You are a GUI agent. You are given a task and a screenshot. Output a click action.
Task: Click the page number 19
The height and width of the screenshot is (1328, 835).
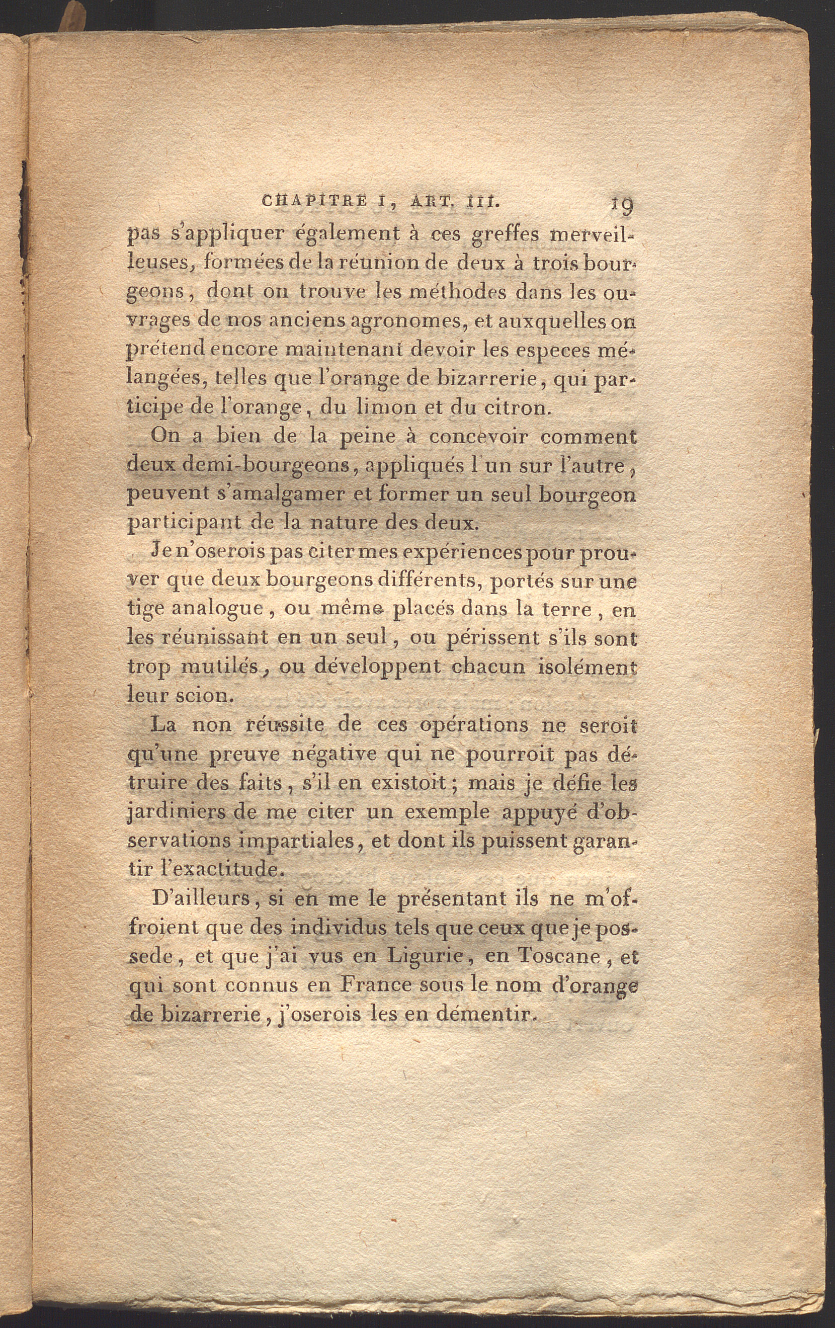[x=621, y=206]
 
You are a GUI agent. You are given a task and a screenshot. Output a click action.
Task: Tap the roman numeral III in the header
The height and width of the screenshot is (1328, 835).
[x=482, y=202]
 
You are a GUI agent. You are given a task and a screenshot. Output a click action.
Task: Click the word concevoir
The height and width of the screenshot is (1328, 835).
[x=480, y=436]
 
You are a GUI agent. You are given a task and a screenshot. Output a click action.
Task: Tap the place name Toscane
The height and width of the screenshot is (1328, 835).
[x=556, y=956]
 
